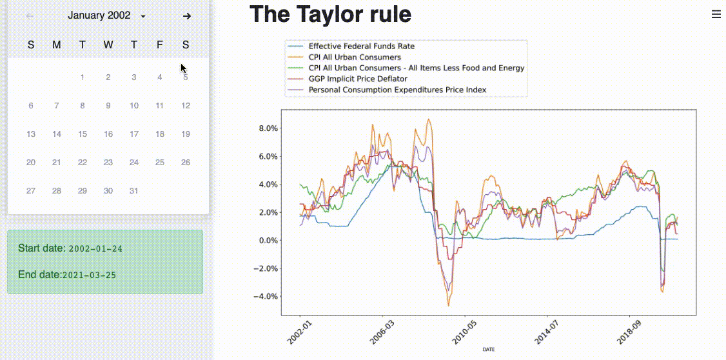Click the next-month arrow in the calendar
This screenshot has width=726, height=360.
click(x=186, y=16)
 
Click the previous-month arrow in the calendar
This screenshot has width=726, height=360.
click(x=30, y=16)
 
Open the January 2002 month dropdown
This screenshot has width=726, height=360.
click(x=107, y=15)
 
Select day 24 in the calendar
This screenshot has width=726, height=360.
click(x=134, y=163)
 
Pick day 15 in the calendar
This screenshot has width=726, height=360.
click(x=83, y=134)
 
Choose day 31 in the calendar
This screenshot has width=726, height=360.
click(x=134, y=191)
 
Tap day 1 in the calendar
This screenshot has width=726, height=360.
click(x=83, y=77)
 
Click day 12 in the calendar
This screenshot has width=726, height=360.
click(x=186, y=106)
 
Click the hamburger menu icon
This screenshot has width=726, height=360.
click(x=716, y=14)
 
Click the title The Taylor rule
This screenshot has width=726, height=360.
click(x=330, y=14)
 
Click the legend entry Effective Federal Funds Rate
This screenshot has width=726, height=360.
click(x=361, y=46)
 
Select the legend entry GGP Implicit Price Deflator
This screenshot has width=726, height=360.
click(x=358, y=79)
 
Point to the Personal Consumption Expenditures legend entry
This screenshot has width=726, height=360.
click(x=397, y=90)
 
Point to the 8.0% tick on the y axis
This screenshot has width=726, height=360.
click(x=268, y=128)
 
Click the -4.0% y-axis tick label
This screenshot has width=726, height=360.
click(x=267, y=297)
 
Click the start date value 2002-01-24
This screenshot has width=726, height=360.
click(x=95, y=248)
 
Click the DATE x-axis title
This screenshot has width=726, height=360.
click(x=489, y=349)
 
